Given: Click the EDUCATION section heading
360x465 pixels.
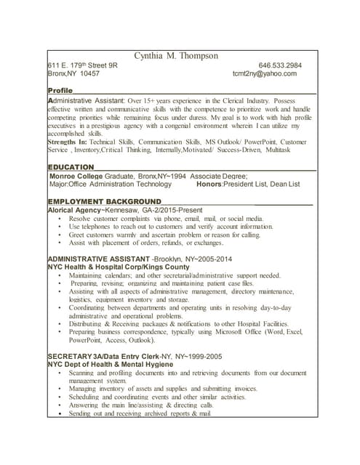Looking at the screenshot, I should tap(71, 167).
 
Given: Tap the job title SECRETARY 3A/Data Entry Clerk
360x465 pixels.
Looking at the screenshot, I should tap(103, 356).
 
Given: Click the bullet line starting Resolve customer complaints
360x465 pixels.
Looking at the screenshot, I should tap(166, 218).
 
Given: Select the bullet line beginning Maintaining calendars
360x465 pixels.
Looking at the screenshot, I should tap(175, 276).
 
